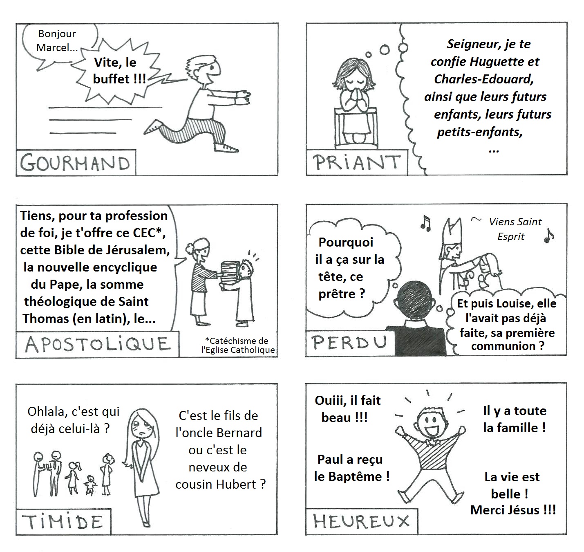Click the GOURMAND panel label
[x=76, y=163]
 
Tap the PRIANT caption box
[x=357, y=162]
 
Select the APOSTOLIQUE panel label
[x=98, y=344]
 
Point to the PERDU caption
[x=350, y=343]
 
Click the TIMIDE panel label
[x=63, y=522]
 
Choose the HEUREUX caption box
[x=361, y=521]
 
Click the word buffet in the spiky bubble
[x=111, y=79]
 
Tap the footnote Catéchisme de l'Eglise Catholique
[x=238, y=345]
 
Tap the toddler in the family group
[x=90, y=485]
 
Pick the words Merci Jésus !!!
[x=513, y=510]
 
